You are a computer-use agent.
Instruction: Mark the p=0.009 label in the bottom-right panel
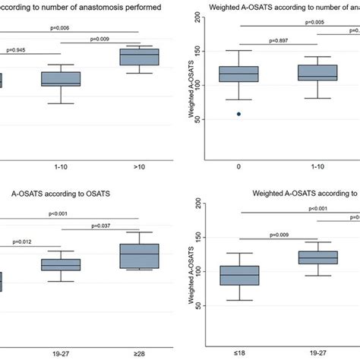click(x=282, y=235)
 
